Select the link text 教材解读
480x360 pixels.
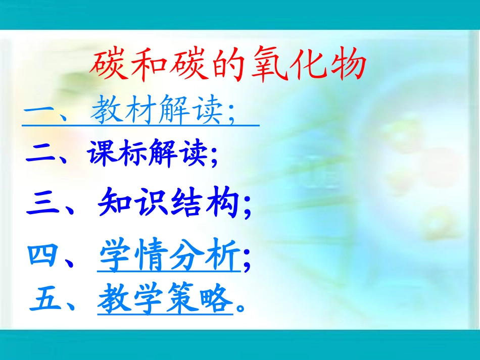(156, 111)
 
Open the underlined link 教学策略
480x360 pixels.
(165, 298)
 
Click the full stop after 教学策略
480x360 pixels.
(241, 305)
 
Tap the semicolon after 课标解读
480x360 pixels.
(214, 157)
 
